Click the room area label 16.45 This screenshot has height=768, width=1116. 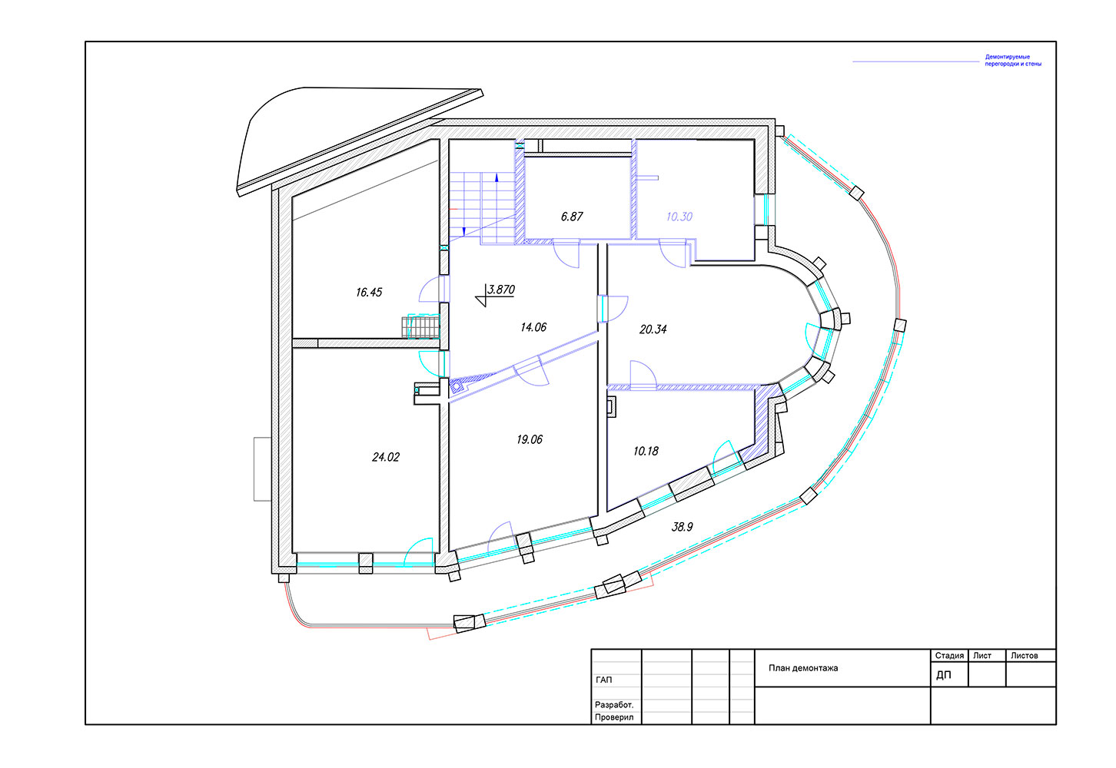369,292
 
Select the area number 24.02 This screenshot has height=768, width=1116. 386,457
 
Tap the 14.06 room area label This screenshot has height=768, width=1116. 533,327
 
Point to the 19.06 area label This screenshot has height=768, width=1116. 529,439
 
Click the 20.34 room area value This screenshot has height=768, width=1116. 653,329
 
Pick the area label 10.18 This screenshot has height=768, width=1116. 646,451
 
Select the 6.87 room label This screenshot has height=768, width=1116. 572,217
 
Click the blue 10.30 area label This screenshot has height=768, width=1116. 679,217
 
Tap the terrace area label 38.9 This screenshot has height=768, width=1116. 682,527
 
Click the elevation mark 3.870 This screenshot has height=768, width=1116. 500,290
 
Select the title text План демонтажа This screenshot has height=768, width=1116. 803,668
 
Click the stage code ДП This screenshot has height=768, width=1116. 944,675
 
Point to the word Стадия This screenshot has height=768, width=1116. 949,656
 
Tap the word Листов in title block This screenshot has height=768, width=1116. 1025,656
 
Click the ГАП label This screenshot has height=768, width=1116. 603,680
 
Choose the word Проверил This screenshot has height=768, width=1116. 614,717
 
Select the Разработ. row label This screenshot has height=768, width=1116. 614,705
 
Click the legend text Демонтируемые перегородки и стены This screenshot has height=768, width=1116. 1013,60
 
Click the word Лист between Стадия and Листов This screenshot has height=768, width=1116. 982,656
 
